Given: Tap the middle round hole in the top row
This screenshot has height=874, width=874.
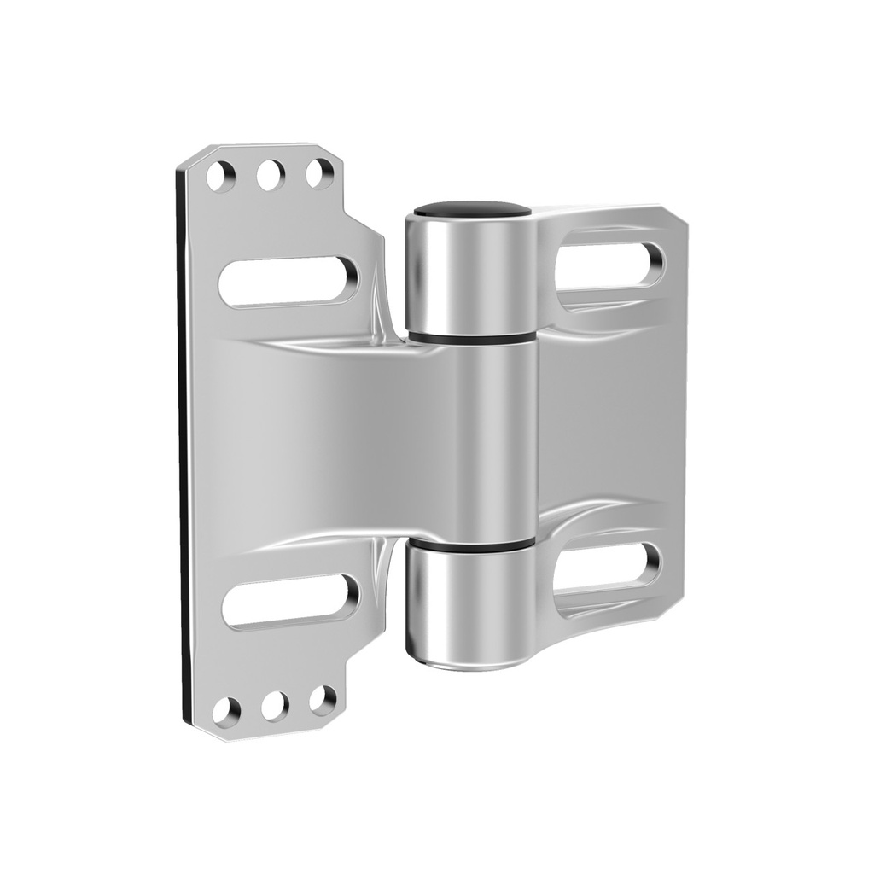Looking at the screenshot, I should coord(271,175).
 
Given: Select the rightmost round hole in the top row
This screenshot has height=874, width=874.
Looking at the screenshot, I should coord(320,173).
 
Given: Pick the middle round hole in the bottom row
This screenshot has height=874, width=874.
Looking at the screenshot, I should coord(275,705).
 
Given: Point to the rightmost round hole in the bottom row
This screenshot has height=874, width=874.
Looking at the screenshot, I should coord(323,700).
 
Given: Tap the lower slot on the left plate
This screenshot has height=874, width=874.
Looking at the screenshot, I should coord(290,600).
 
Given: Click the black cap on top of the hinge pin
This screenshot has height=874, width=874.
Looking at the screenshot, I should coord(472,208).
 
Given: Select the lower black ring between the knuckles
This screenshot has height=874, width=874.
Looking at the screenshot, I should coord(469,545).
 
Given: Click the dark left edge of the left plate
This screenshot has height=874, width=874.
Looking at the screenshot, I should coord(183,444).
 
